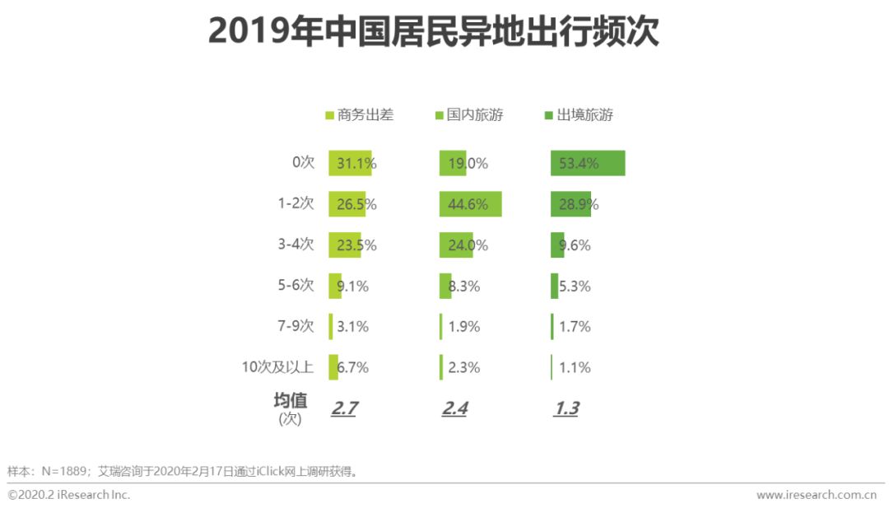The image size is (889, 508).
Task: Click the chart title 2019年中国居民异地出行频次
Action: (433, 32)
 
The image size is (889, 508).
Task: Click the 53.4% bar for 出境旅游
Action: (588, 163)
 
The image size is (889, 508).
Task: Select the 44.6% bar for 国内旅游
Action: (470, 204)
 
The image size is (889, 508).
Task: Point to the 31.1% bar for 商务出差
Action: (350, 163)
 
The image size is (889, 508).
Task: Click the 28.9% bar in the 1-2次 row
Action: (570, 204)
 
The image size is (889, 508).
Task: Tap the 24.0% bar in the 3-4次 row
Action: (456, 245)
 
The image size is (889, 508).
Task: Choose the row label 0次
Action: (303, 162)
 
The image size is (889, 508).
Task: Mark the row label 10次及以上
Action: (277, 367)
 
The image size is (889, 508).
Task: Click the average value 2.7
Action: (343, 408)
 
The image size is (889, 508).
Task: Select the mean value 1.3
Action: (566, 408)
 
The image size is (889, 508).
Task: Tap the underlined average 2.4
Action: (454, 408)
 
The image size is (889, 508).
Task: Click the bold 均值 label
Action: (290, 401)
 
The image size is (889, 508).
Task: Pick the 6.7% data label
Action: (352, 367)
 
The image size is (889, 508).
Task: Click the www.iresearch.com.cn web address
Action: (816, 495)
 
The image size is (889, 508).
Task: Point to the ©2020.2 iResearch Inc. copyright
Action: (69, 495)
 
